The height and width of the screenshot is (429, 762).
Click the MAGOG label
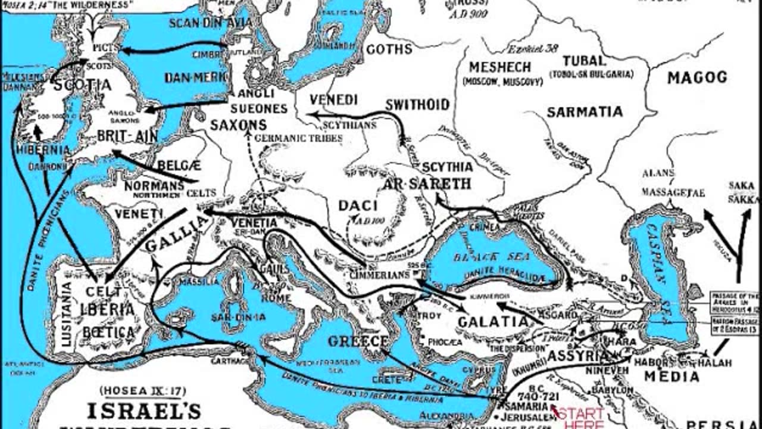coord(697,77)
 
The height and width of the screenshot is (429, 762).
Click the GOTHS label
coord(389,49)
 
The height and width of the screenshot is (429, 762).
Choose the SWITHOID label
coord(417,105)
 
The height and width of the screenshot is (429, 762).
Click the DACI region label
coord(358,206)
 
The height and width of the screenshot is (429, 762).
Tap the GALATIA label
coord(493,322)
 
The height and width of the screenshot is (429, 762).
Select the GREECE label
coord(358,341)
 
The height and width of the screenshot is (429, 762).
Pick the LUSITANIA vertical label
coord(66,314)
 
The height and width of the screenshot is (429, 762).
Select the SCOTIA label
coord(82,85)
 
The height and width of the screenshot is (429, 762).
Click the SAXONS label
coord(238,125)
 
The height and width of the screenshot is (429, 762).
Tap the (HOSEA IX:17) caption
coord(143,391)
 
